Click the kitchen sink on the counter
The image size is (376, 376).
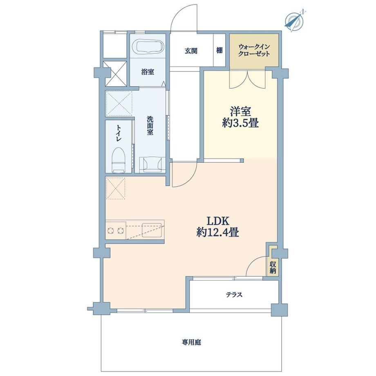(152, 230)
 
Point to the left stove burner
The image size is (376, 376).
(111, 231)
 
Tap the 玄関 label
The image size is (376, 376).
(191, 51)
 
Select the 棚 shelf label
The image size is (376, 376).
(219, 50)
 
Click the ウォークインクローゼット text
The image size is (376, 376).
(254, 50)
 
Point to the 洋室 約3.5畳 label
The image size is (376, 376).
(240, 118)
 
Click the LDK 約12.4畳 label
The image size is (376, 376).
(218, 226)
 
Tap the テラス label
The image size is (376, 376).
(234, 295)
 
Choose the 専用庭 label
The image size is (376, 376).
(191, 342)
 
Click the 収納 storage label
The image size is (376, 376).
(273, 268)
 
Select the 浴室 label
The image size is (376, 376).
(148, 72)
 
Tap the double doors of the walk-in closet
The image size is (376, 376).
(247, 79)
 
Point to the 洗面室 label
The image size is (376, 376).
(150, 125)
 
